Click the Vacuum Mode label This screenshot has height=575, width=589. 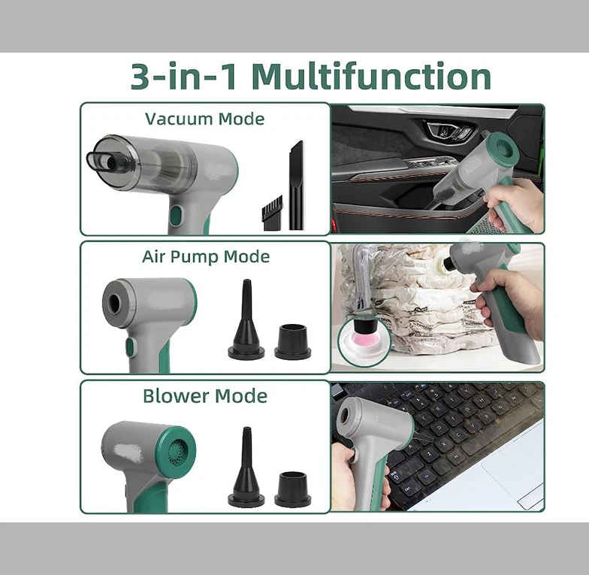pos(204,119)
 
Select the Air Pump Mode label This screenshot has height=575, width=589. pos(205,256)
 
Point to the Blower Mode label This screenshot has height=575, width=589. pos(205,395)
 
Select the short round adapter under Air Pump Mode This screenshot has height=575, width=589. pos(292,341)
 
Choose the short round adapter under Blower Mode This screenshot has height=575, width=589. pos(292,489)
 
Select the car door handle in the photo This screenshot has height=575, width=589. pos(449,132)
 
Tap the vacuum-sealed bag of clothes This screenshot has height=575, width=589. pos(406,301)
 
